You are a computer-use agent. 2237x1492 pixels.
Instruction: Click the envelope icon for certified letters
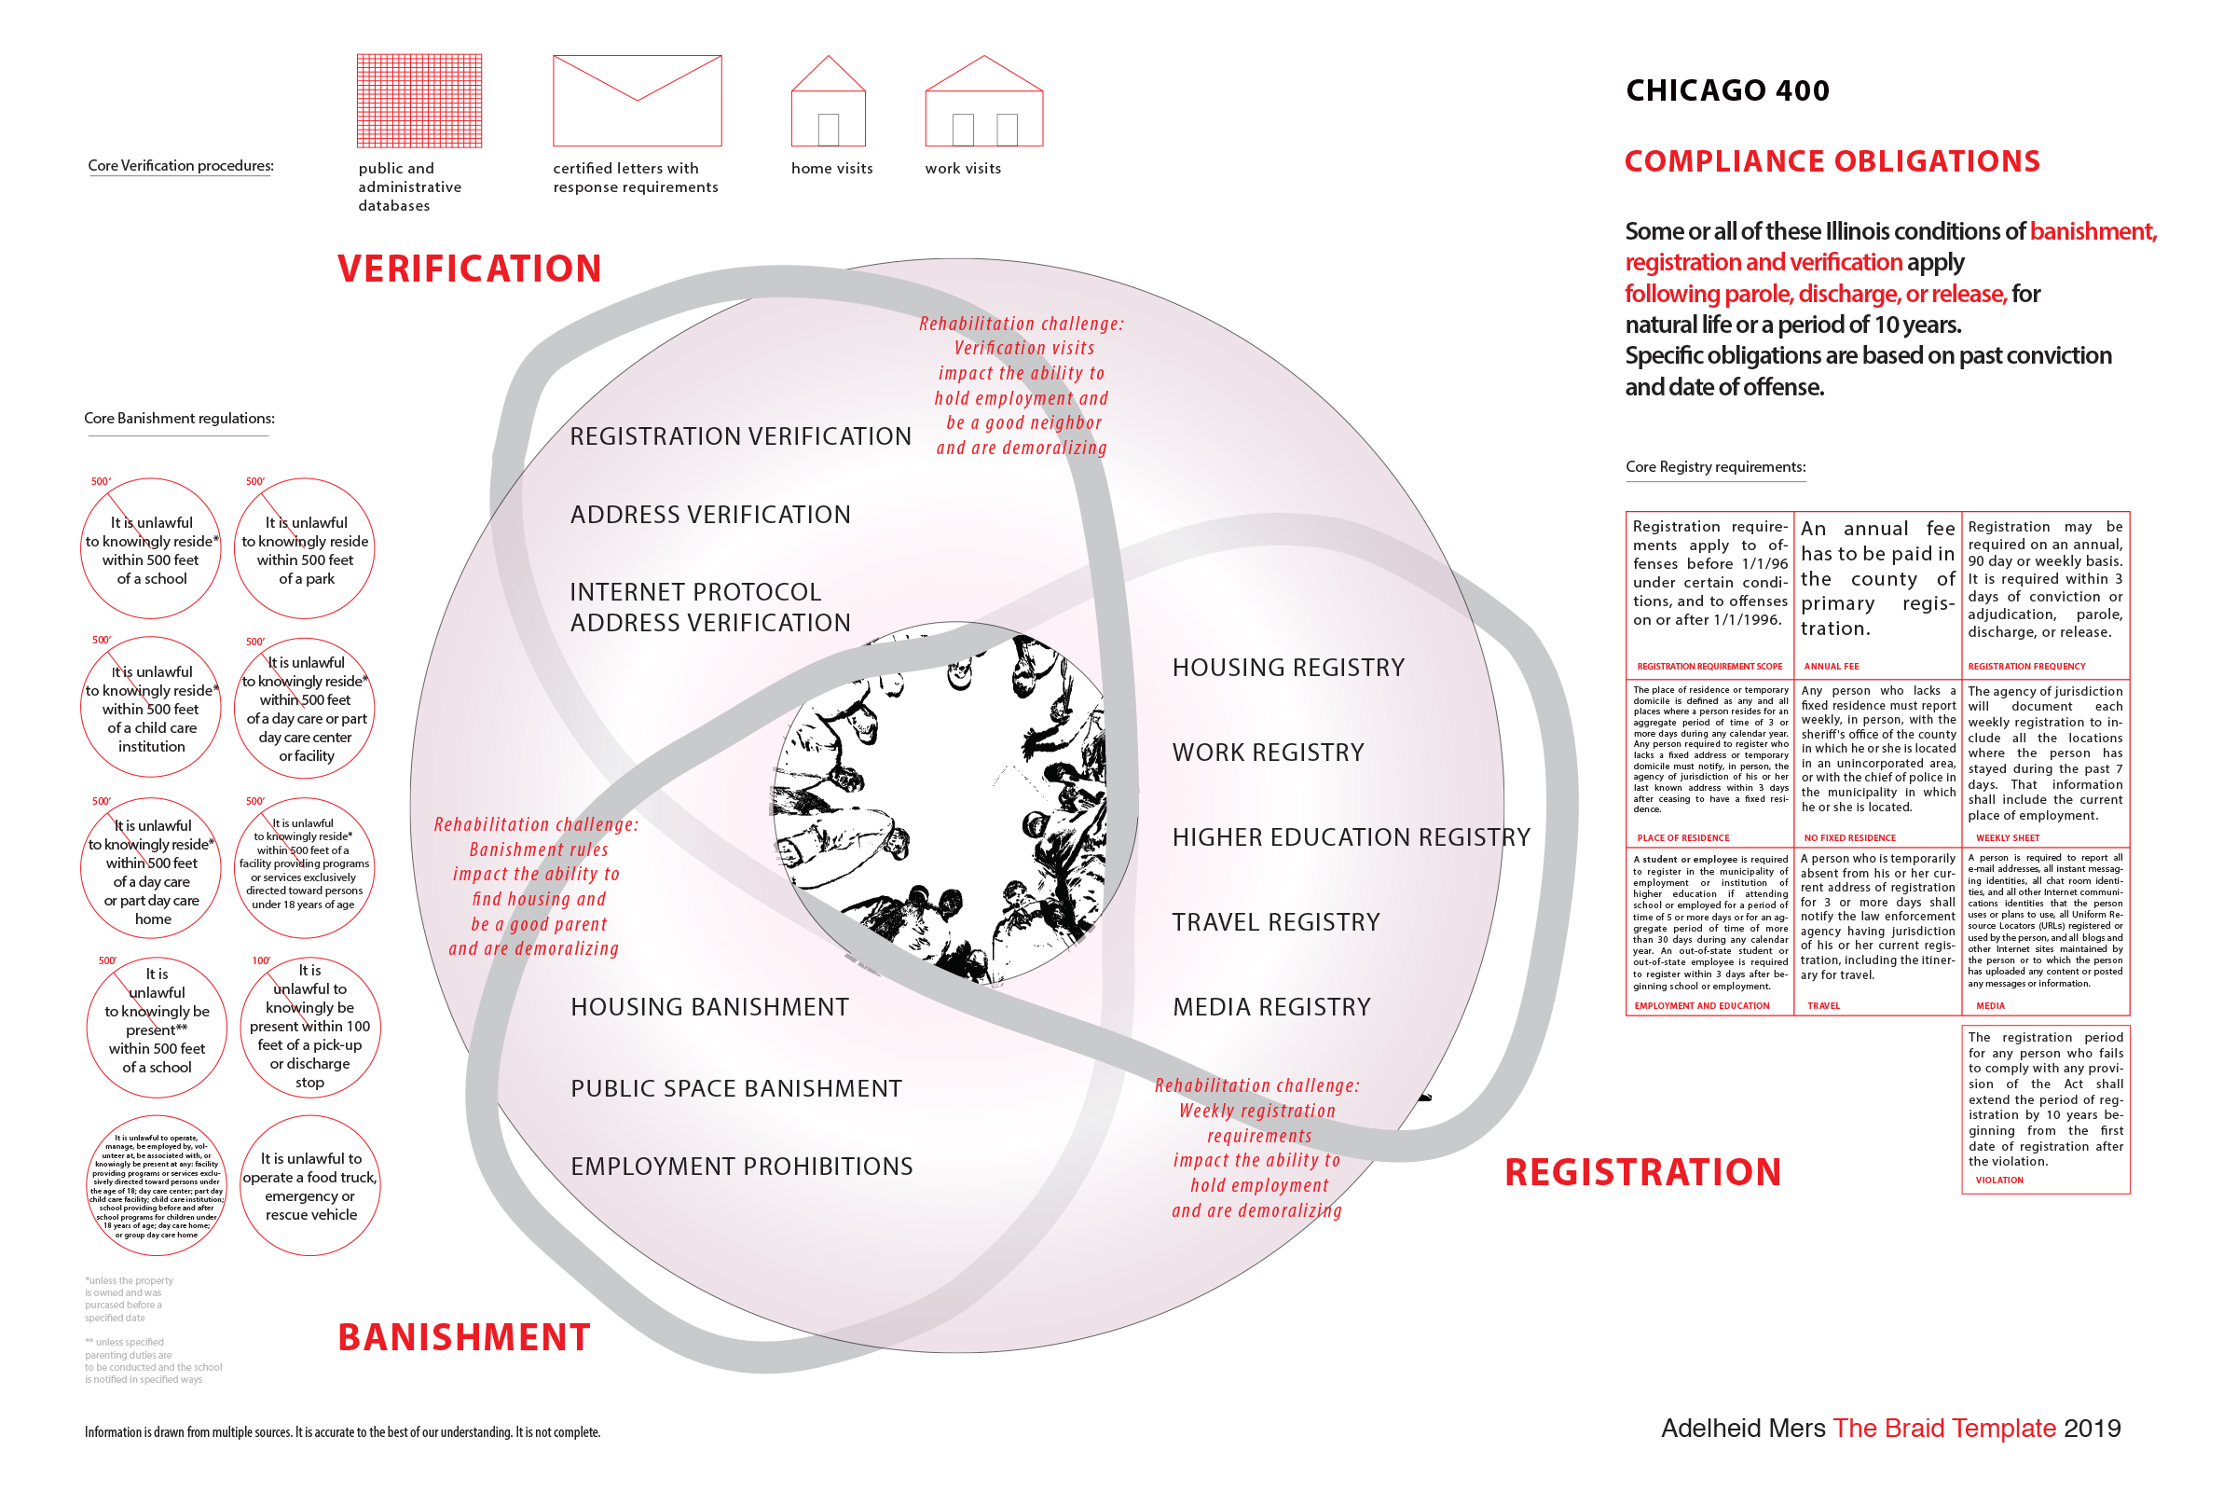click(638, 101)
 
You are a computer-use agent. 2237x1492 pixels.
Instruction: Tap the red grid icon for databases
click(419, 101)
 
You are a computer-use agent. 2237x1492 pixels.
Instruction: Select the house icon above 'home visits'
click(829, 101)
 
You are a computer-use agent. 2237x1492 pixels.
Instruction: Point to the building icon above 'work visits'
click(983, 101)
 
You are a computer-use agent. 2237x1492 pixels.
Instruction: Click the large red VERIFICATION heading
click(469, 269)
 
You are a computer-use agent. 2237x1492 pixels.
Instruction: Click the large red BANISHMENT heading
click(464, 1337)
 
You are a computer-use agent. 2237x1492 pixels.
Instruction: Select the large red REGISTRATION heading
click(1642, 1172)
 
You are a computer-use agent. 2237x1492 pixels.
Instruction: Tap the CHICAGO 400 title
click(1727, 90)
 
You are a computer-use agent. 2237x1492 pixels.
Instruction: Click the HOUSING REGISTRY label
click(1288, 668)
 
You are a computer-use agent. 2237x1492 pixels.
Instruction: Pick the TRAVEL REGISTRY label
click(1275, 922)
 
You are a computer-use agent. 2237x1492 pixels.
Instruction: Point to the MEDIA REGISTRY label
click(1271, 1007)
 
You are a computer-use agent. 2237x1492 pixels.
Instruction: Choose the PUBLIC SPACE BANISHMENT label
click(736, 1088)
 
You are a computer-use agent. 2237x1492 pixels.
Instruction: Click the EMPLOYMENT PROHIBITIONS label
click(742, 1167)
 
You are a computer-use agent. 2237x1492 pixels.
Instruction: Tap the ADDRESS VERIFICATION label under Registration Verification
click(710, 515)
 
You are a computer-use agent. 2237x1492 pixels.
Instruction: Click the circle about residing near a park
click(305, 549)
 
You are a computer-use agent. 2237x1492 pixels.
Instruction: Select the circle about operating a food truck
click(310, 1185)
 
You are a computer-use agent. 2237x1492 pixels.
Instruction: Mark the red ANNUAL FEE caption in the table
click(1831, 667)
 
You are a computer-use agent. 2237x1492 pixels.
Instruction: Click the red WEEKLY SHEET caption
click(2008, 838)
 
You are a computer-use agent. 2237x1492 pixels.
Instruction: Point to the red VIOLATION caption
click(1999, 1181)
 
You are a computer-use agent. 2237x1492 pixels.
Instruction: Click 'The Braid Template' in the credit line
click(1944, 1429)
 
